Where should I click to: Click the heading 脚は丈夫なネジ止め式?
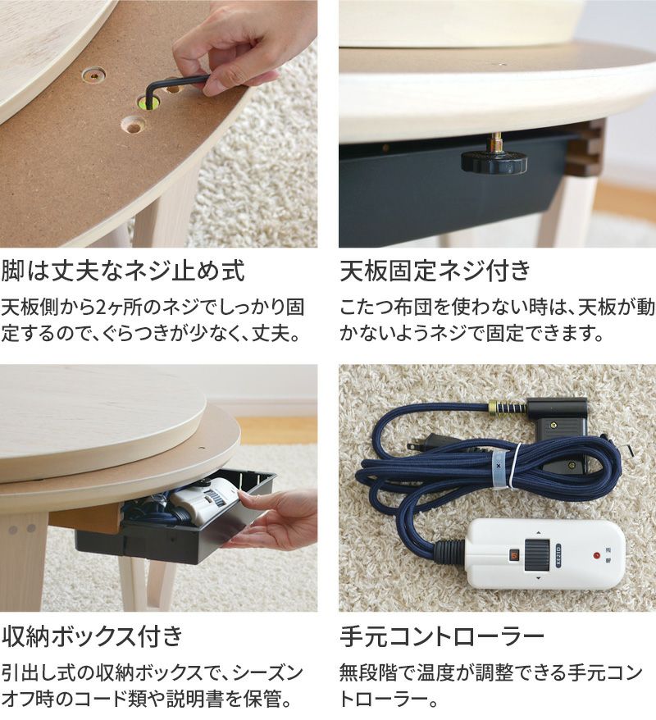(123, 271)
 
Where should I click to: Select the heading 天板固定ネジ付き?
(435, 271)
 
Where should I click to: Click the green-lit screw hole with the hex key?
(148, 103)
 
